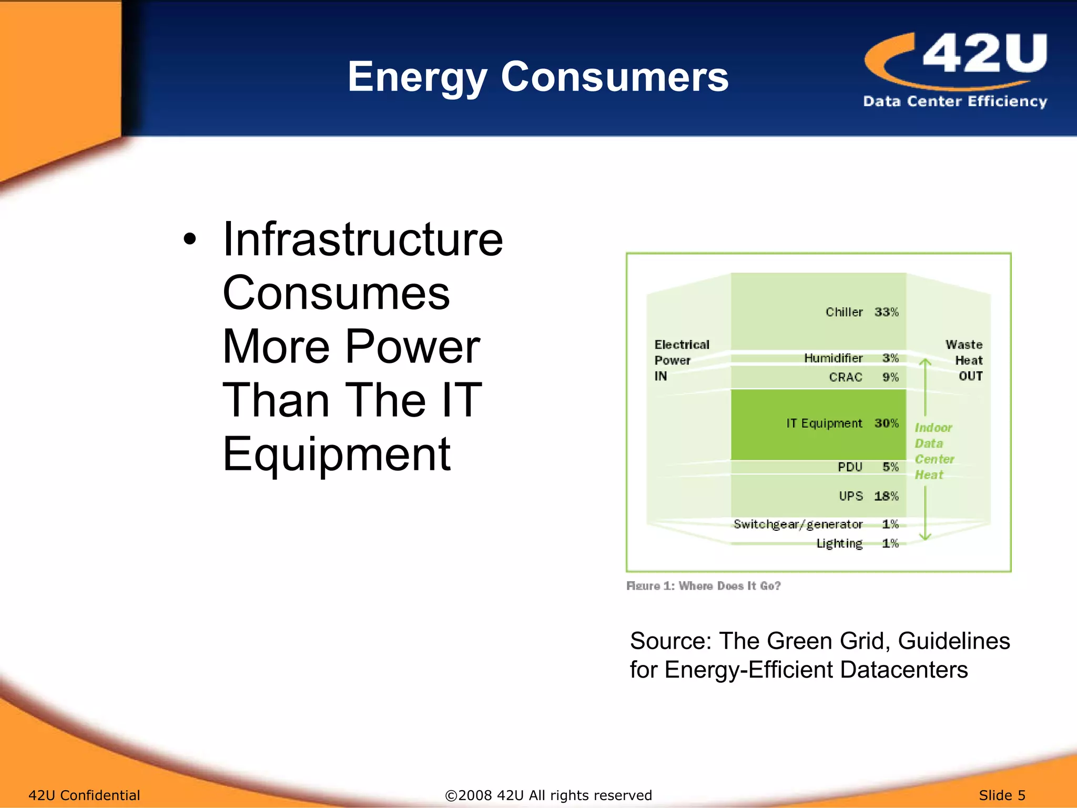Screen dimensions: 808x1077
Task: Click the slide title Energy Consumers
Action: pyautogui.click(x=537, y=77)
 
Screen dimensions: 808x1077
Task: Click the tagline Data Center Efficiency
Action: pyautogui.click(x=954, y=101)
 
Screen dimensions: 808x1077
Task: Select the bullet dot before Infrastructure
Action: pyautogui.click(x=190, y=240)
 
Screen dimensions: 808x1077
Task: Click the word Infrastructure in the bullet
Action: pyautogui.click(x=363, y=240)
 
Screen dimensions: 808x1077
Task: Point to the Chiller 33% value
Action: pyautogui.click(x=886, y=312)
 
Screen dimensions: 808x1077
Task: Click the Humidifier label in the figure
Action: pyautogui.click(x=833, y=358)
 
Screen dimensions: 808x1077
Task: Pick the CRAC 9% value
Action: pyautogui.click(x=890, y=377)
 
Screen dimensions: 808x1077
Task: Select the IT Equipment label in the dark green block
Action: pyautogui.click(x=824, y=423)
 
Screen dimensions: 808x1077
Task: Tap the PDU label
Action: pyautogui.click(x=850, y=467)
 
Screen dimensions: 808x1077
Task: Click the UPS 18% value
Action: pyautogui.click(x=886, y=496)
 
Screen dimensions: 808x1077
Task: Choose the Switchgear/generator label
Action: pyautogui.click(x=798, y=524)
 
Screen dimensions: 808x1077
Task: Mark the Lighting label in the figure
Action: pyautogui.click(x=839, y=543)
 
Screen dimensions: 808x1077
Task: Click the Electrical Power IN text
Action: pyautogui.click(x=681, y=360)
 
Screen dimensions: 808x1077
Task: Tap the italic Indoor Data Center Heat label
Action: pyautogui.click(x=933, y=451)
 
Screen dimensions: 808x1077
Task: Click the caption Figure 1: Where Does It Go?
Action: pyautogui.click(x=703, y=586)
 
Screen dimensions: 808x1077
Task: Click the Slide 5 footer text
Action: pyautogui.click(x=1002, y=795)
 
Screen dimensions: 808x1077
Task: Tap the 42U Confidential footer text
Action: pyautogui.click(x=84, y=795)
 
